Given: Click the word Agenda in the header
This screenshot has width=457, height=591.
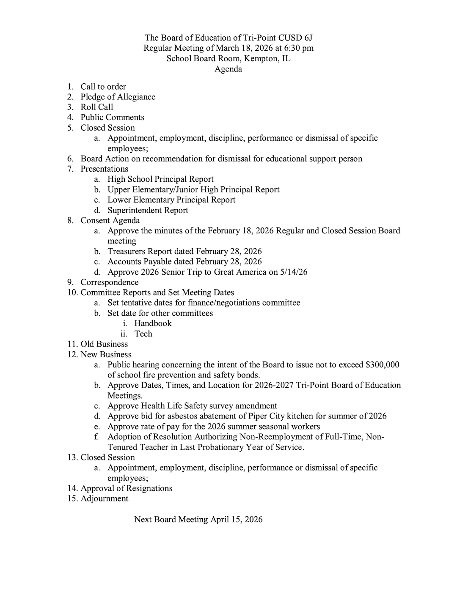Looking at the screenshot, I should pos(228,69).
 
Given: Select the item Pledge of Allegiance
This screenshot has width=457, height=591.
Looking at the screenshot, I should pos(118,97).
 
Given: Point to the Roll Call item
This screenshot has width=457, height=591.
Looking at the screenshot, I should pos(97,107).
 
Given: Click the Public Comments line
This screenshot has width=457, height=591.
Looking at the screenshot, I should pos(112,117).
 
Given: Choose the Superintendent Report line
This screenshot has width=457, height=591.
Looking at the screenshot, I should pos(148,210).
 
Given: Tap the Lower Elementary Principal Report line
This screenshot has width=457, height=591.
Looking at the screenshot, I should pos(171,200).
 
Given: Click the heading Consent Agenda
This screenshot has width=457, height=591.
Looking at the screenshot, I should pos(110,220).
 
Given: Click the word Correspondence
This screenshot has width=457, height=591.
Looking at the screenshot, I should pos(110,282).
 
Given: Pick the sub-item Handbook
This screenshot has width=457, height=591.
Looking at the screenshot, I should pos(153,323).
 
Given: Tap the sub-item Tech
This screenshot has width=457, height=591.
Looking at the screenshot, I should pos(143,334).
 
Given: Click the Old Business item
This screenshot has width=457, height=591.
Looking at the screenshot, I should pos(104,344).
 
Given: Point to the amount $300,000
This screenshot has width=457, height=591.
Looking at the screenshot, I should pos(382,364).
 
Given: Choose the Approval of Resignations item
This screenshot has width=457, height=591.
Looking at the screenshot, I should pos(127,488).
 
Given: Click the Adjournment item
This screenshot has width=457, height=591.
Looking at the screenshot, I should pos(105,498).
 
